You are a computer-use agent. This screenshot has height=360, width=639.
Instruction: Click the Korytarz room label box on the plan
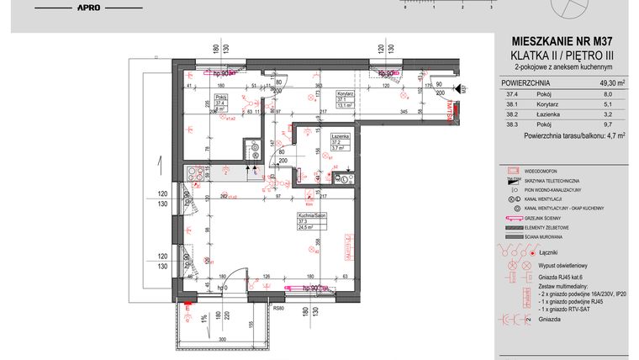pyautogui.click(x=344, y=99)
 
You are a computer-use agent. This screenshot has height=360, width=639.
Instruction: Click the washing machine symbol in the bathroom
pyautogui.click(x=346, y=178)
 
